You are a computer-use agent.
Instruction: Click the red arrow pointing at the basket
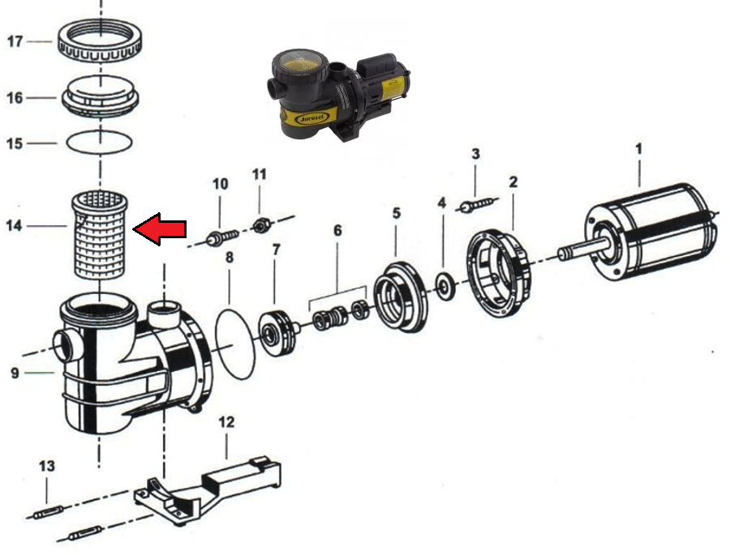point(160,228)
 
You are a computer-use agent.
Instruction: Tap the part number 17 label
point(15,41)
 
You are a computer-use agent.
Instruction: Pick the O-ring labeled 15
point(99,142)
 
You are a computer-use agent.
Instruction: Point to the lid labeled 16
point(101,96)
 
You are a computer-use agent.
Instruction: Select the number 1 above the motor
point(639,149)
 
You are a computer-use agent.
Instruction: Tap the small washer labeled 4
point(446,286)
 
